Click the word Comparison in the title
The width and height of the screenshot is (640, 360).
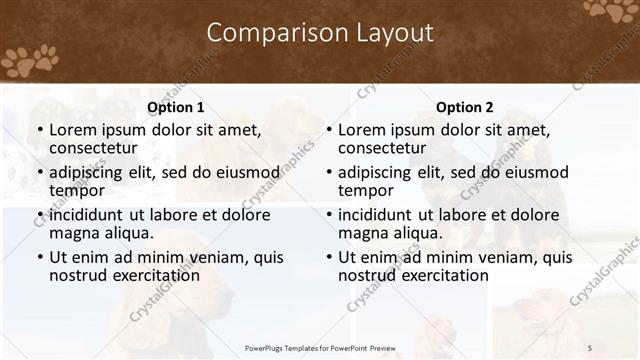(x=267, y=33)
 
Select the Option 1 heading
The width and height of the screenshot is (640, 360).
(x=175, y=107)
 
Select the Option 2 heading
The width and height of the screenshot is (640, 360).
(x=464, y=107)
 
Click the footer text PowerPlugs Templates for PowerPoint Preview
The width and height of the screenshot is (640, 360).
(x=319, y=348)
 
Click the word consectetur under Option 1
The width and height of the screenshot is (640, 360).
(x=94, y=148)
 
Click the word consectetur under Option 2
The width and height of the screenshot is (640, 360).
(x=383, y=148)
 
